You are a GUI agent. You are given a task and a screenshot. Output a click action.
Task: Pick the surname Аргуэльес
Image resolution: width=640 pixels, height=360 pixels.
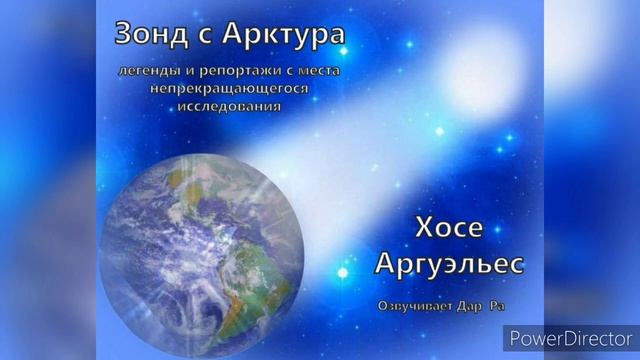pos(448,265)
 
